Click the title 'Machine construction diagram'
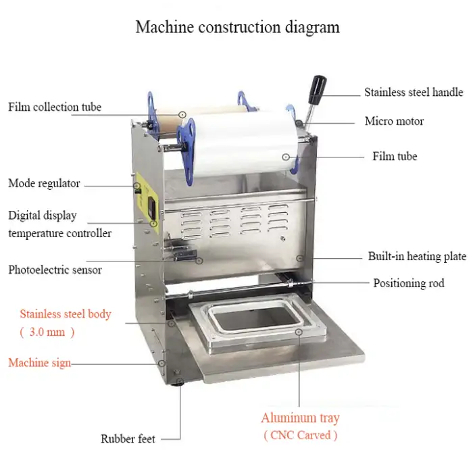(x=237, y=28)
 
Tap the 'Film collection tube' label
(x=55, y=107)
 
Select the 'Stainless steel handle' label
(x=414, y=92)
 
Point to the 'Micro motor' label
(x=394, y=122)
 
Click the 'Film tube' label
(x=395, y=156)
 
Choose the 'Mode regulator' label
(x=44, y=183)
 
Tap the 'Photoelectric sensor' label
(x=55, y=270)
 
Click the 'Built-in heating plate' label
(x=417, y=257)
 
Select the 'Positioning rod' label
(x=409, y=283)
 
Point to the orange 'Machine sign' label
(x=39, y=363)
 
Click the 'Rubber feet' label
(x=128, y=439)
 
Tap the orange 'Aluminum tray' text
(x=300, y=418)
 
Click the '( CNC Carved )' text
(x=300, y=435)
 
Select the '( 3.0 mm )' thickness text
(x=47, y=332)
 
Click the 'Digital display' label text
(x=42, y=216)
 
